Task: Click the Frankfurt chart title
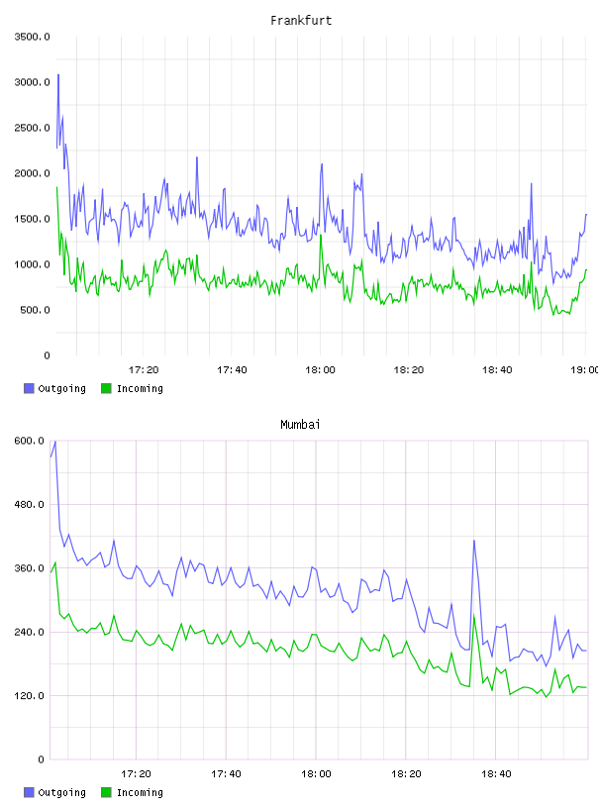point(301,21)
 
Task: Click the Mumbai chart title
point(300,425)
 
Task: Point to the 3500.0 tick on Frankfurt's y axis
point(32,37)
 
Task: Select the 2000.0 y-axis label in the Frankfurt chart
point(32,173)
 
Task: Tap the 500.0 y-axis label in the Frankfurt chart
point(35,310)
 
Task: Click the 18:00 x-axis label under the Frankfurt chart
point(320,370)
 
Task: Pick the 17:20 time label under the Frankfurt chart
point(144,370)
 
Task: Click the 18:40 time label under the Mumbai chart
point(496,774)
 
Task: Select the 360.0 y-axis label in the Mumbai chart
point(30,567)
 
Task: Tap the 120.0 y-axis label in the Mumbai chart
point(30,696)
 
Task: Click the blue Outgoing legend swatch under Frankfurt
point(29,388)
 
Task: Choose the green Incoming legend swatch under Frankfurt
point(106,388)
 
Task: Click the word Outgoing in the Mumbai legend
point(61,792)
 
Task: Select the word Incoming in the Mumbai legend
point(140,792)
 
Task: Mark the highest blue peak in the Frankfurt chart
point(58,75)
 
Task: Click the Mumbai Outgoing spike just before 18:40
point(473,540)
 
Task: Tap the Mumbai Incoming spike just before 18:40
point(473,615)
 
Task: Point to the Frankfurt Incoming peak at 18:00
point(321,236)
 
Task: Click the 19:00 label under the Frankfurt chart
point(584,370)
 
